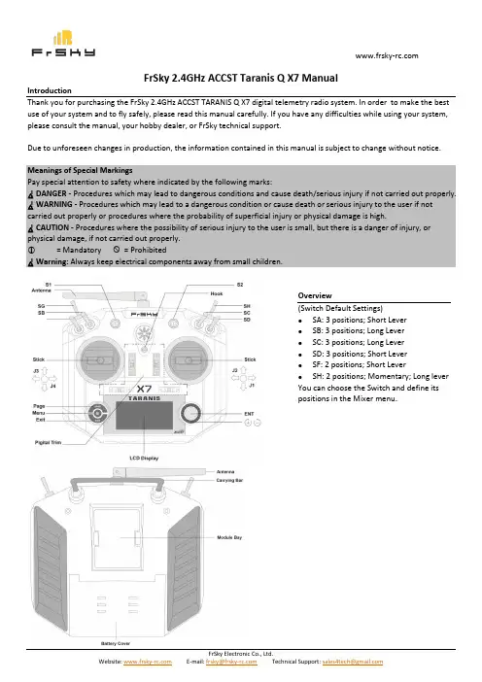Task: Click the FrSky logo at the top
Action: pos(63,44)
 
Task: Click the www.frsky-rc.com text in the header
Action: pos(387,55)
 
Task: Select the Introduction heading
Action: pos(50,90)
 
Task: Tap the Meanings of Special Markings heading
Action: pos(80,170)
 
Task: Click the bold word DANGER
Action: pos(52,193)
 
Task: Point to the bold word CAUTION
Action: pos(52,227)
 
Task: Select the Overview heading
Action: pos(315,295)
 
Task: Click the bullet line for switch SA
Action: pos(360,320)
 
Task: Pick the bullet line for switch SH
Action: pos(380,376)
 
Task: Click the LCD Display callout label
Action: pos(144,458)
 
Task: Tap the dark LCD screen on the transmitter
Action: pos(144,416)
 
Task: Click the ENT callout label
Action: pos(249,414)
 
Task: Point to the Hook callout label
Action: pos(216,293)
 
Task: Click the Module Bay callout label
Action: pos(229,537)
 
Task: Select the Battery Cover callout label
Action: pos(116,643)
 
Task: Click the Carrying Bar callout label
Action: pos(229,480)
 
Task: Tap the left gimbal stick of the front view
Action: pos(100,360)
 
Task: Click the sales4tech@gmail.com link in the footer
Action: pos(353,662)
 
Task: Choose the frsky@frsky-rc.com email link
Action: pos(231,662)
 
